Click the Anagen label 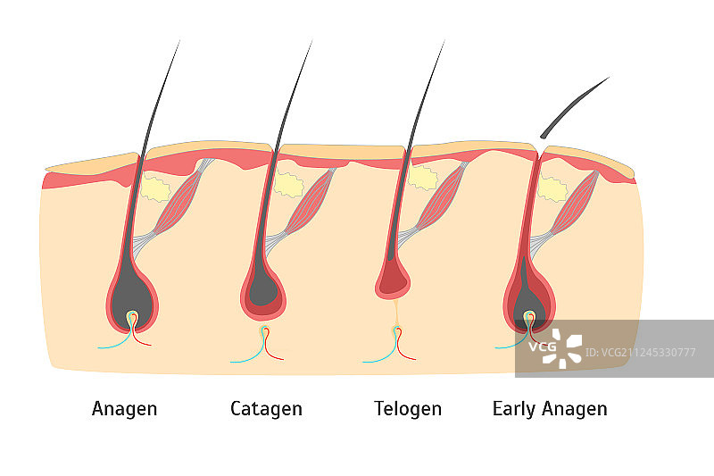(x=124, y=409)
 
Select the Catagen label (x=266, y=409)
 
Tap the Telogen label (x=407, y=409)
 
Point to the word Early (x=515, y=409)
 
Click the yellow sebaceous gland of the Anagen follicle (x=156, y=189)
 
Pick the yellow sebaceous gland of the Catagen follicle (x=288, y=184)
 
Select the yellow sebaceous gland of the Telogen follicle (x=422, y=179)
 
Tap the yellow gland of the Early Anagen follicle (x=553, y=188)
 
